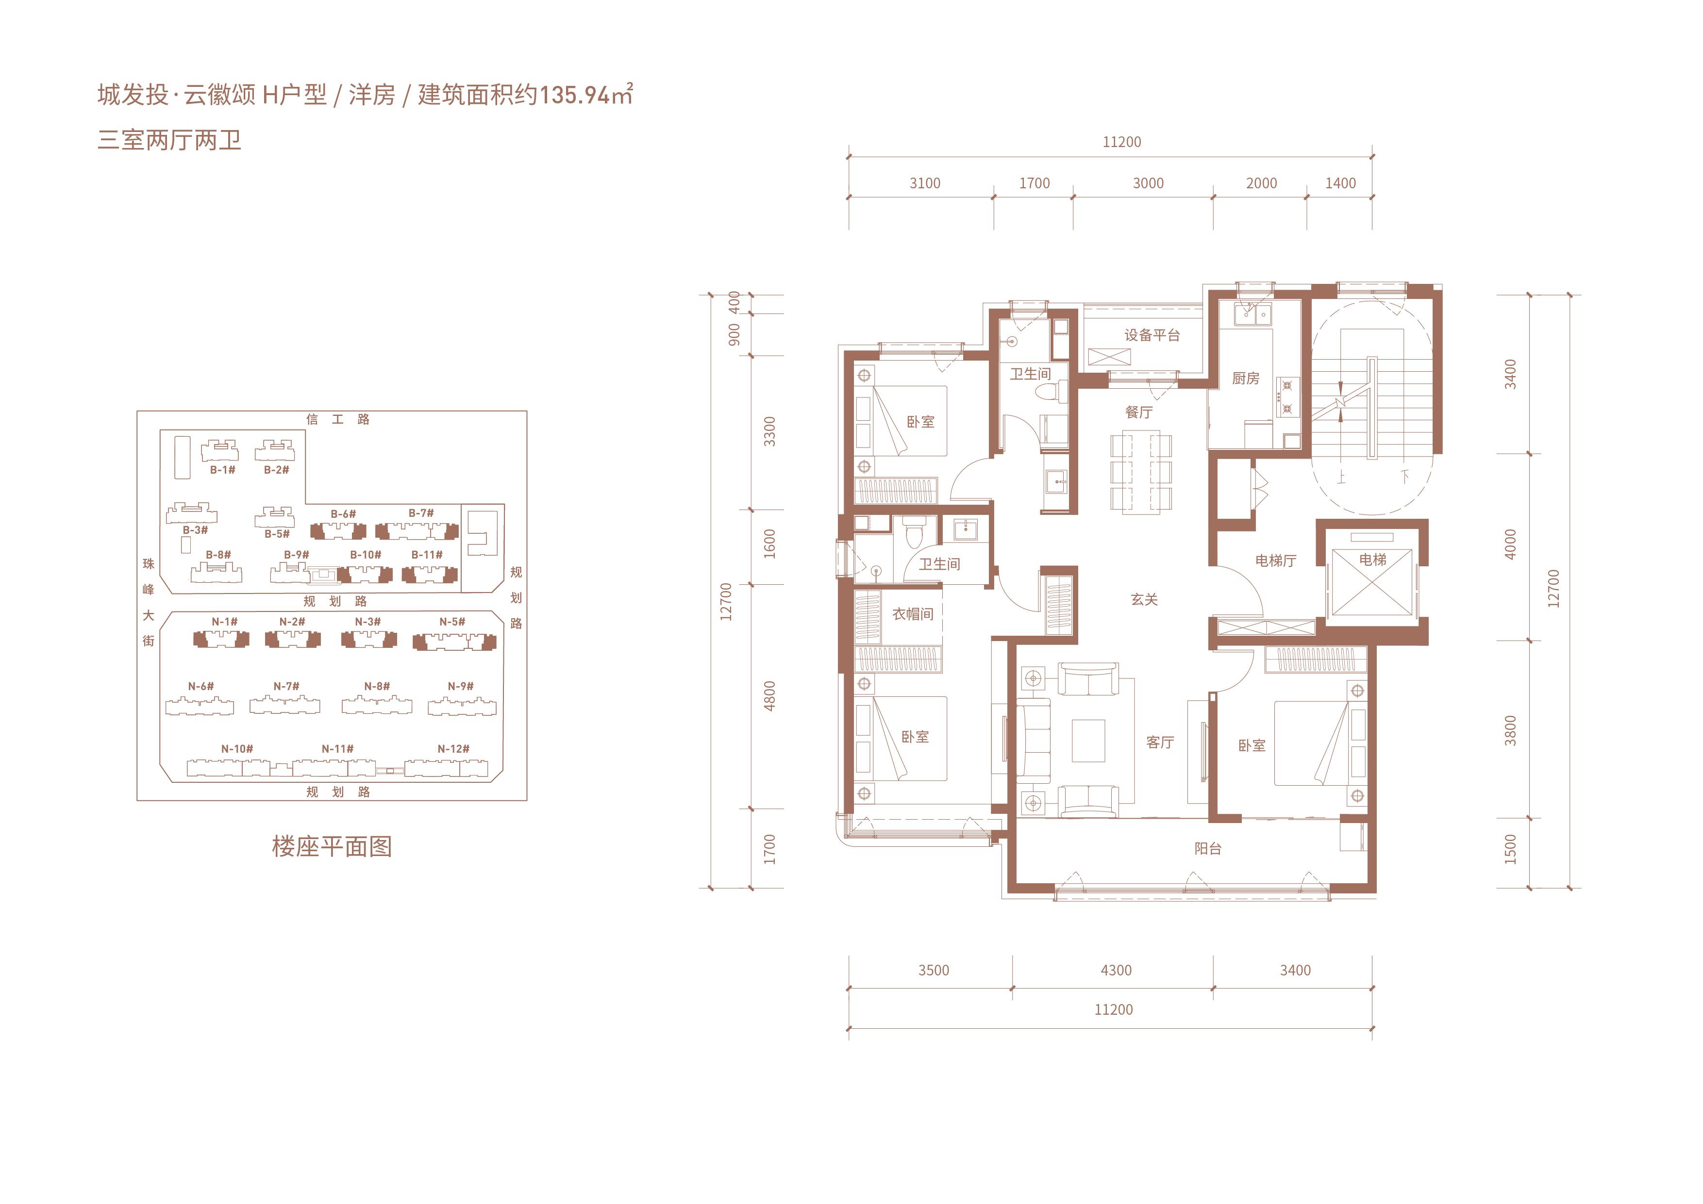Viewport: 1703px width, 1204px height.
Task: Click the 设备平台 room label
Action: point(1152,335)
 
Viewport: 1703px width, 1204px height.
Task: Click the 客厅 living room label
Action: point(1160,742)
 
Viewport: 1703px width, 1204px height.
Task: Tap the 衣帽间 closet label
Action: point(912,614)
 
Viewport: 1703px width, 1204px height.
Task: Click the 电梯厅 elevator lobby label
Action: point(1276,561)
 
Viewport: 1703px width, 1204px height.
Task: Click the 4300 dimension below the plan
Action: point(1116,971)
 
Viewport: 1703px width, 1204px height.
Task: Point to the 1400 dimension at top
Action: point(1340,183)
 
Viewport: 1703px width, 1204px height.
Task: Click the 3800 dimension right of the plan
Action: point(1511,730)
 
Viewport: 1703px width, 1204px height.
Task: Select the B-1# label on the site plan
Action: point(222,470)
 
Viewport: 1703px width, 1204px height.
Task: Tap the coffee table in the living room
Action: point(1088,741)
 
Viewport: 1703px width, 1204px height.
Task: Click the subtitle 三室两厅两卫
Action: point(170,140)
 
